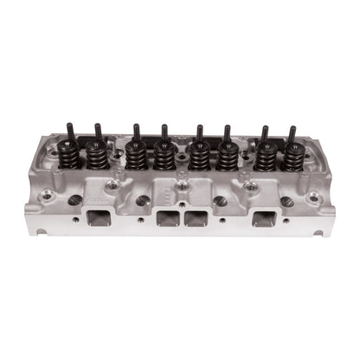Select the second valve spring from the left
98,157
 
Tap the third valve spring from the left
135,157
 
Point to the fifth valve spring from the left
198,157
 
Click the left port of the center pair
164,217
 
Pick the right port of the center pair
197,217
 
